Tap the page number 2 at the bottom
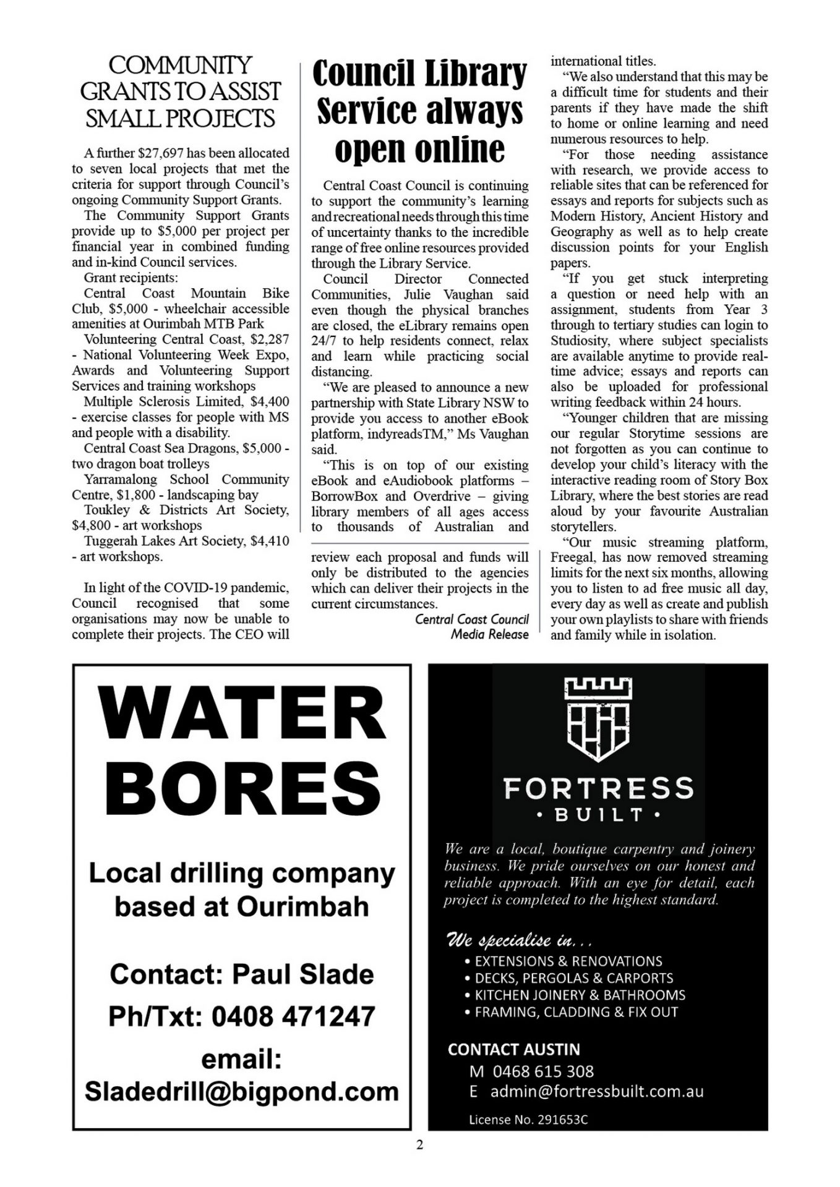[420, 1145]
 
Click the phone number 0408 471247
[293, 1016]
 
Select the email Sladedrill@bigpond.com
[242, 1091]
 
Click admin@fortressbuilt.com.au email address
[597, 1092]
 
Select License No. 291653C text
[528, 1120]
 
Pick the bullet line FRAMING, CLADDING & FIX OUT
[576, 1012]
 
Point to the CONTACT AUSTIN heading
[514, 1049]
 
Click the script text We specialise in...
[519, 941]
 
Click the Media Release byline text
[489, 634]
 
